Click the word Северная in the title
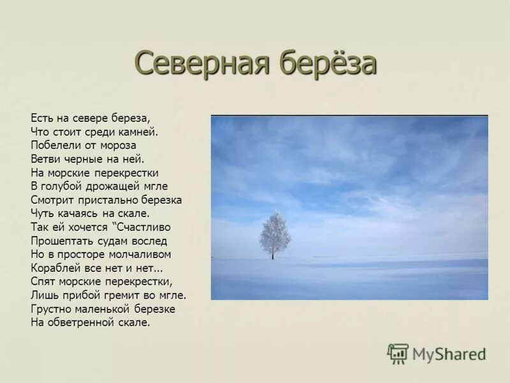coord(194,63)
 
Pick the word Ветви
coord(45,159)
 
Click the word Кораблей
coord(55,267)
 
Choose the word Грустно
coord(49,309)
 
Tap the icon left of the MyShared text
coord(398,354)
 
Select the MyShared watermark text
coord(449,354)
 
